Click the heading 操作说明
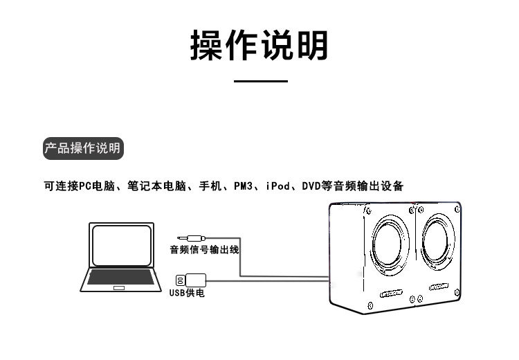tap(259, 46)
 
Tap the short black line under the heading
tap(260, 81)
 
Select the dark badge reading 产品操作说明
tap(82, 148)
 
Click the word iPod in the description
tap(277, 186)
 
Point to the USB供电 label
tap(187, 293)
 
